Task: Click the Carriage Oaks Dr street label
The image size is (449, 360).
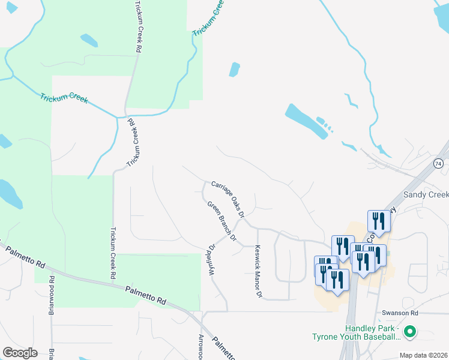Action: click(228, 198)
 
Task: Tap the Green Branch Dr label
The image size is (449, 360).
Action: click(223, 222)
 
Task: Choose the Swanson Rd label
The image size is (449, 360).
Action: click(399, 313)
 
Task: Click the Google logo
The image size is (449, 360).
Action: click(20, 352)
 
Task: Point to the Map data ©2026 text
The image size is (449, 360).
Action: click(423, 355)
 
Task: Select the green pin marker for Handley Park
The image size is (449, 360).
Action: click(411, 331)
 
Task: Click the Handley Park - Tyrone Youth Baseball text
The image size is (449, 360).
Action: click(355, 332)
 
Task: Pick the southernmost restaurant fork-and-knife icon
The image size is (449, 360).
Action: click(336, 280)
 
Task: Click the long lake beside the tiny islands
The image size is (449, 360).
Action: click(306, 121)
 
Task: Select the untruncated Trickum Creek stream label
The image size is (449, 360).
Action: click(64, 98)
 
